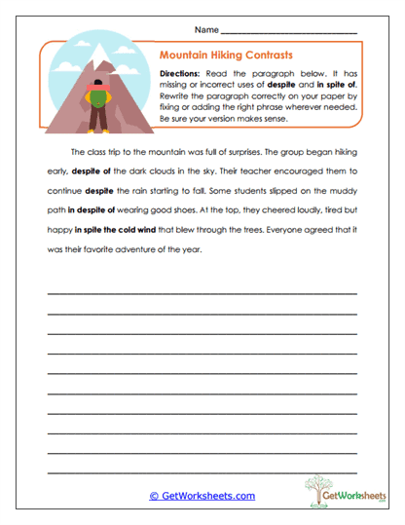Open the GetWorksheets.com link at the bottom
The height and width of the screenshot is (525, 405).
pyautogui.click(x=202, y=496)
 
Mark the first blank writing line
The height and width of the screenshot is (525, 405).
pyautogui.click(x=202, y=292)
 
